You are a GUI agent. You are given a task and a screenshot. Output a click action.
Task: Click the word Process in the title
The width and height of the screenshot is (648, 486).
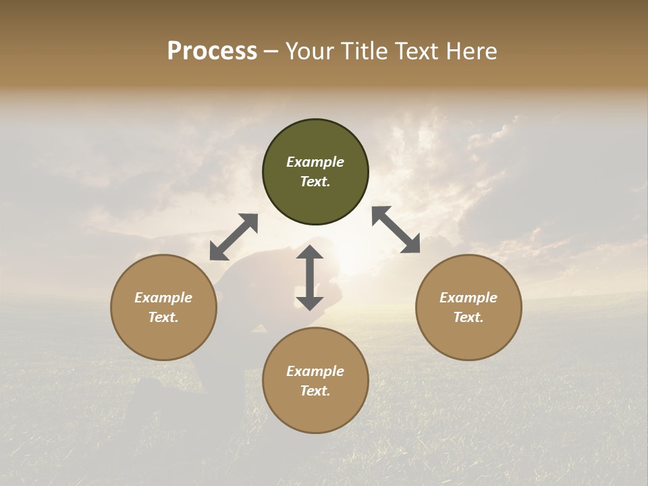(x=212, y=51)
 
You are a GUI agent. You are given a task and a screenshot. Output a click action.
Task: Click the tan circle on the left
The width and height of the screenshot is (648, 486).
(x=163, y=307)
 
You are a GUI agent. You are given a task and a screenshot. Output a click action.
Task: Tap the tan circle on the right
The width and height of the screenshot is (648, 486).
(x=468, y=307)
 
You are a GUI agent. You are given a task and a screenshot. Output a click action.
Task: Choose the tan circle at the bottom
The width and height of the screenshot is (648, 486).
(x=315, y=380)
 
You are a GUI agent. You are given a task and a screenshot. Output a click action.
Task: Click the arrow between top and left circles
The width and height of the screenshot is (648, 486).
(x=234, y=237)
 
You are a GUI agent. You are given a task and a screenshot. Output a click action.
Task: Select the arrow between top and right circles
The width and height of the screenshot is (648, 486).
(x=396, y=230)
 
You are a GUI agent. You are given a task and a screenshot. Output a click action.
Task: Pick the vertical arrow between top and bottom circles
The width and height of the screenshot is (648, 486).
(x=310, y=277)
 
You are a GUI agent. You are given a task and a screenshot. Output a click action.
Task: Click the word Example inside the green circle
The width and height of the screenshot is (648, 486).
(x=315, y=162)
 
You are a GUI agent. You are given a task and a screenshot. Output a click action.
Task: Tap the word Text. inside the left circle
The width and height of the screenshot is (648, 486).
(x=163, y=317)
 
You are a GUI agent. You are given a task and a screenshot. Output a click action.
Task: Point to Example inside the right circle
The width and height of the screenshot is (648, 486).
(x=468, y=298)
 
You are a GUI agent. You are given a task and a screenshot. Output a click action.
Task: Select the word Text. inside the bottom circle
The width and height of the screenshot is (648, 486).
(x=315, y=391)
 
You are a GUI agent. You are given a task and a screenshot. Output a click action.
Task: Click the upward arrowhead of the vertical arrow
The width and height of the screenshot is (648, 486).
(x=310, y=252)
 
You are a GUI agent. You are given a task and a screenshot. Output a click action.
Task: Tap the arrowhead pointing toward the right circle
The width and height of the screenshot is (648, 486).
(x=411, y=244)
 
